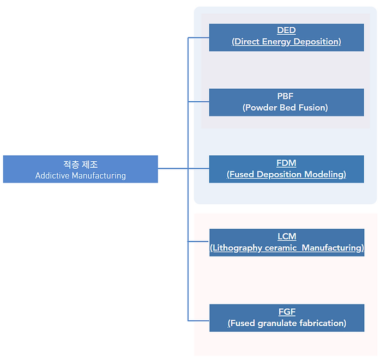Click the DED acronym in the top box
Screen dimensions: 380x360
286,30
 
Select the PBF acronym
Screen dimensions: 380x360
285,96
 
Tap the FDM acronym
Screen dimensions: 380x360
286,163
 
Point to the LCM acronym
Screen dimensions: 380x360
287,236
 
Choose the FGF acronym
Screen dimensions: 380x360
287,312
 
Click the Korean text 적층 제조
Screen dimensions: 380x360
81,164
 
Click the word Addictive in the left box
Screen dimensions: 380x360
52,175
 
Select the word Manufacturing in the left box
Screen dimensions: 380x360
99,176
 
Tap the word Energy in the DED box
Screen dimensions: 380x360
276,42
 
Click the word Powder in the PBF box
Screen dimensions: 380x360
261,107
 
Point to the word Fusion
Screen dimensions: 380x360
312,107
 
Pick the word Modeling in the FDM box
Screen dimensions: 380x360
324,174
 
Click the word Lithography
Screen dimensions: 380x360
237,248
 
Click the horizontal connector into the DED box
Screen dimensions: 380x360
198,38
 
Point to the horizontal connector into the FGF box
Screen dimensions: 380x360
198,321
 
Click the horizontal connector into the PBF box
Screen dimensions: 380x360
198,101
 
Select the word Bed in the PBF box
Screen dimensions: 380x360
288,107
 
